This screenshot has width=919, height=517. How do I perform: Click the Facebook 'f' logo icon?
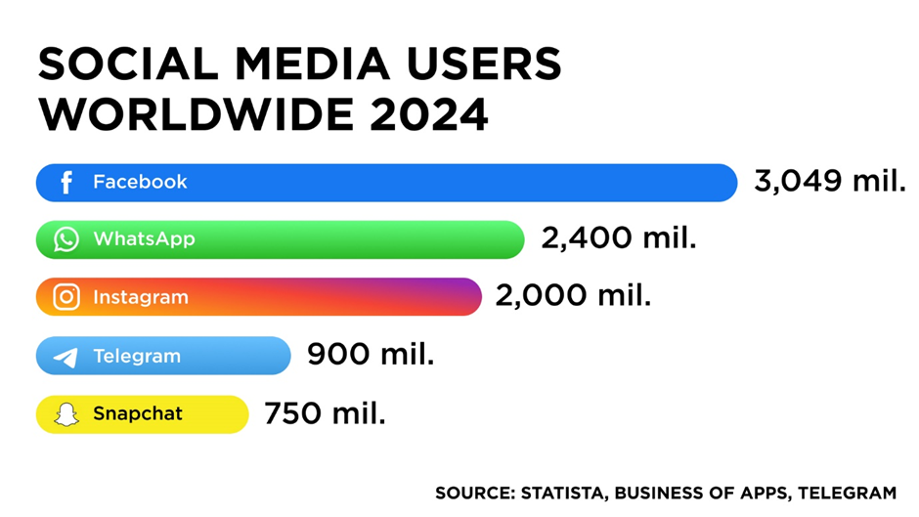tap(66, 183)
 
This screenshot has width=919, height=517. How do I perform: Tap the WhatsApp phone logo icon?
tap(66, 239)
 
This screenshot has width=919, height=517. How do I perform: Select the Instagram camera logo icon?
tap(66, 297)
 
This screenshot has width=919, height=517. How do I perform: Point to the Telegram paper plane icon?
tap(66, 357)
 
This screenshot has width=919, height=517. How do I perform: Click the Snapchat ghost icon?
tap(66, 414)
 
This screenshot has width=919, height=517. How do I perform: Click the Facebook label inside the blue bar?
tap(140, 182)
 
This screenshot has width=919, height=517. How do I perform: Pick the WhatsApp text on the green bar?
tap(144, 239)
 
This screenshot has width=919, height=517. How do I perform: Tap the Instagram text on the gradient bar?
tap(141, 297)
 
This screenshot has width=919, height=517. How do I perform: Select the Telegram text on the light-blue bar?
tap(137, 357)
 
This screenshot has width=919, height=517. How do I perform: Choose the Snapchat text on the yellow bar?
tap(138, 414)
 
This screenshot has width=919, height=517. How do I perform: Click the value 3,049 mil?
tap(829, 181)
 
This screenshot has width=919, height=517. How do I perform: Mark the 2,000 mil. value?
tap(573, 295)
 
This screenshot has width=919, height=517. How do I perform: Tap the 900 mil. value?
tap(371, 354)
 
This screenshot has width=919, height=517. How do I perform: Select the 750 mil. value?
tap(325, 412)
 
